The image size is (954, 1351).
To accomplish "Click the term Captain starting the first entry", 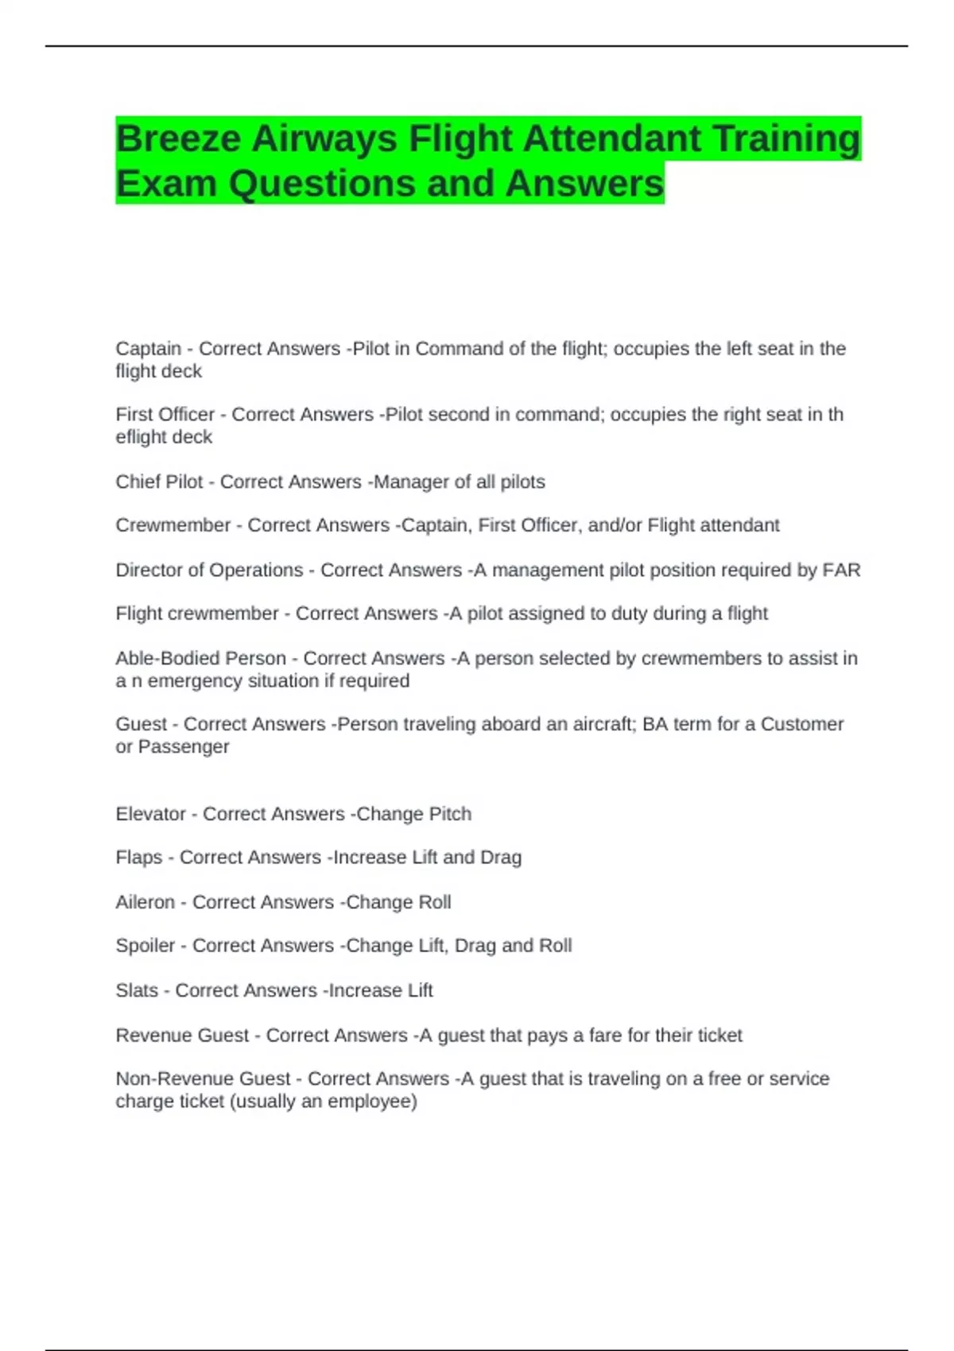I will (x=148, y=349).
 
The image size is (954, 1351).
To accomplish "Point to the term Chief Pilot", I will (x=159, y=482).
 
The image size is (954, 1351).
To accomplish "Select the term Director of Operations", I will (x=209, y=570).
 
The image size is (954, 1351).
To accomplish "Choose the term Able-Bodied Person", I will (x=200, y=658).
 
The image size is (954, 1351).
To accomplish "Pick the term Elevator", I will (x=150, y=814).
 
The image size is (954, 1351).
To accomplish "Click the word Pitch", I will (x=450, y=814).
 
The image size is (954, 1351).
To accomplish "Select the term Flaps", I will (x=138, y=857).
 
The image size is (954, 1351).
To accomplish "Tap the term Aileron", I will (x=145, y=902).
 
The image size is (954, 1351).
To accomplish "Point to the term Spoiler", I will (x=145, y=946).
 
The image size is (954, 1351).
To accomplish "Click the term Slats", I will (x=137, y=990).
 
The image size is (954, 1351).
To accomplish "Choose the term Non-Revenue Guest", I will (x=203, y=1078).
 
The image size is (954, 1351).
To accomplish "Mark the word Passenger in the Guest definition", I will (x=184, y=747).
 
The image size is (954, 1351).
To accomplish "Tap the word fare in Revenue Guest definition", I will (x=604, y=1036).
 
